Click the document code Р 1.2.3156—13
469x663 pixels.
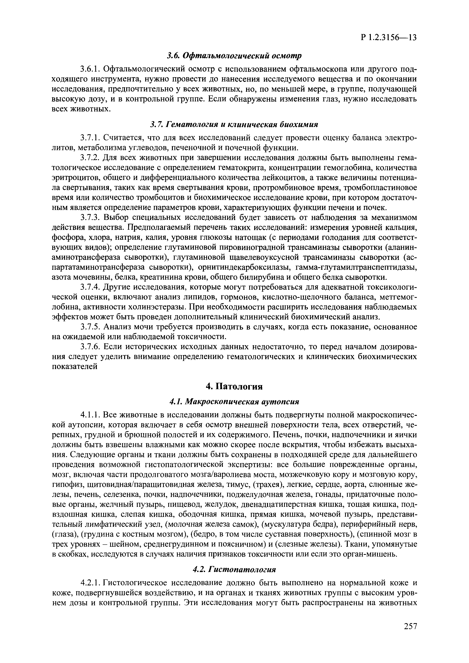pos(389,38)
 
